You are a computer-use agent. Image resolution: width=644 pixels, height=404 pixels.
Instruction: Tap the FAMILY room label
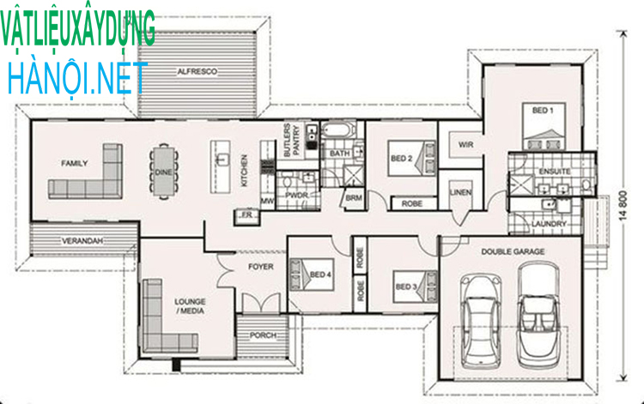pos(75,162)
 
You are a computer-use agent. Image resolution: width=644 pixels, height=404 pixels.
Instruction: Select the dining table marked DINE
pos(162,172)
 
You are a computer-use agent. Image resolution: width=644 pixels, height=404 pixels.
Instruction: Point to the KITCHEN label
pos(244,171)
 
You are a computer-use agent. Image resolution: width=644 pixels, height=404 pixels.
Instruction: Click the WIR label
pos(466,143)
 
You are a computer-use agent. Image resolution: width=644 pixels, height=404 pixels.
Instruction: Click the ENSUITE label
pos(549,172)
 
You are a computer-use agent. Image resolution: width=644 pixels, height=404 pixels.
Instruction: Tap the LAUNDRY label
pos(549,224)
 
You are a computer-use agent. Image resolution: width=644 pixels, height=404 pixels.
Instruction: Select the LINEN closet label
pos(460,193)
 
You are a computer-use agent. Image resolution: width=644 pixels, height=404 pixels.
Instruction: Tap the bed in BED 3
pos(415,286)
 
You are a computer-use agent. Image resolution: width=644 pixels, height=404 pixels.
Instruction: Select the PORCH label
pos(263,335)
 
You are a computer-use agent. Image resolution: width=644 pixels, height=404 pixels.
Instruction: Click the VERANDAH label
pos(82,242)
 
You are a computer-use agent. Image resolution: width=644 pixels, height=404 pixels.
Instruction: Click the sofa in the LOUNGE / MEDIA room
pos(160,317)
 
